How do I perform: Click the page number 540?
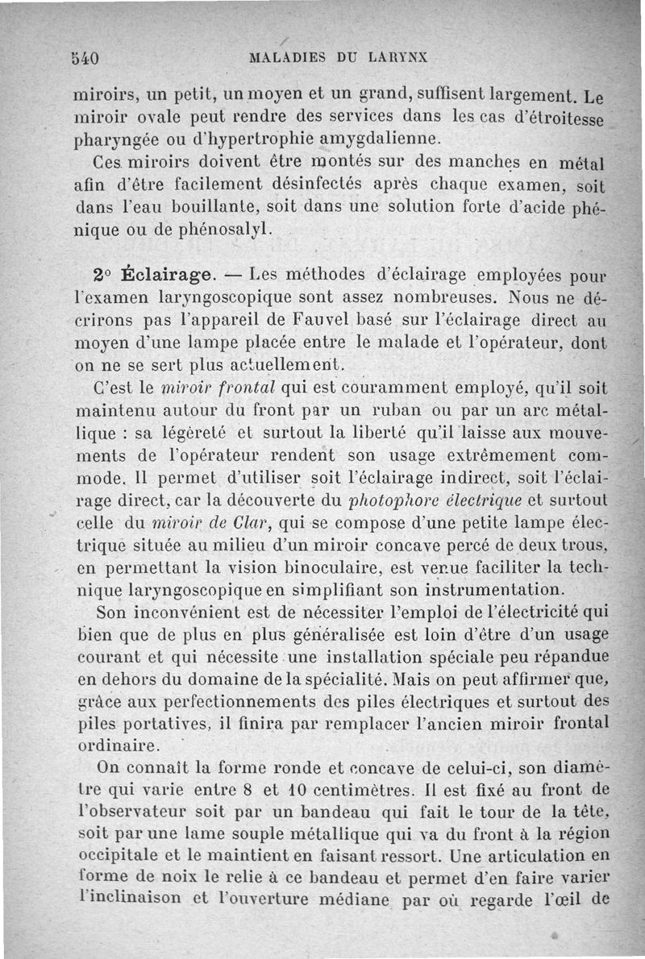click(x=84, y=58)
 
